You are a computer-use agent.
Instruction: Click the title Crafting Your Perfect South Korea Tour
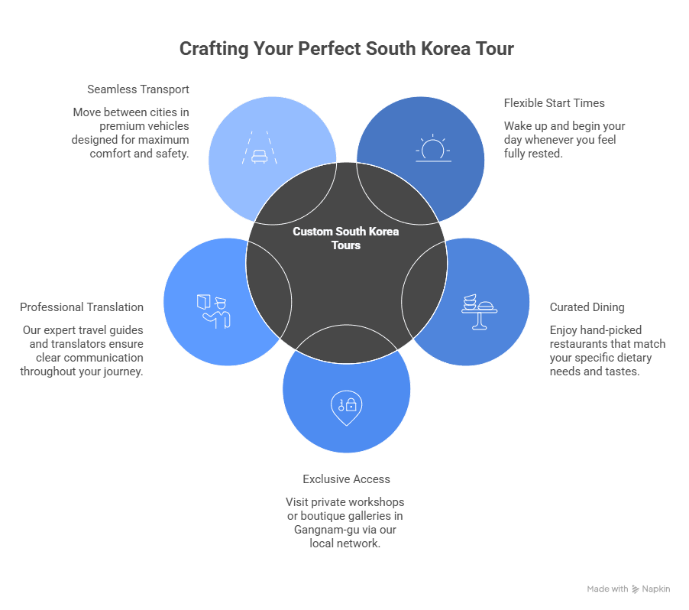coord(346,49)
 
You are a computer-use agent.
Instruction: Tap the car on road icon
coord(257,150)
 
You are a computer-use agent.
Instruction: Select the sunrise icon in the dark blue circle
coord(432,150)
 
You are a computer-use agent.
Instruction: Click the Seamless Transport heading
coord(138,89)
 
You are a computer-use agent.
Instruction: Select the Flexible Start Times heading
coord(554,102)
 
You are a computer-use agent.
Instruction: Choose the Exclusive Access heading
coord(346,479)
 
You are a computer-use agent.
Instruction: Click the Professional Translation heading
coord(82,307)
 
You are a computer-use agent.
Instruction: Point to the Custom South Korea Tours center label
coord(346,238)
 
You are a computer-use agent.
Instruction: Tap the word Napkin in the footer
coord(656,589)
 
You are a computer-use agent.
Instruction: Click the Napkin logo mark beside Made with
coord(635,589)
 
